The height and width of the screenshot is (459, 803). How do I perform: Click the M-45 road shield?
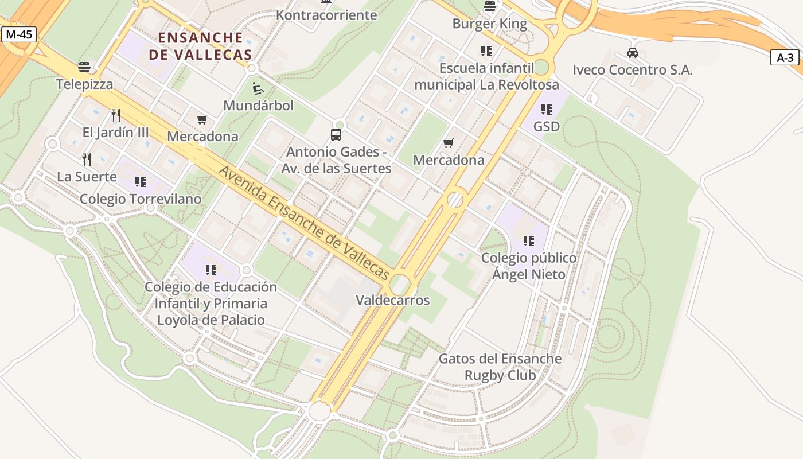point(19,34)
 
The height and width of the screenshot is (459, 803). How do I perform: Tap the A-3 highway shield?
point(785,57)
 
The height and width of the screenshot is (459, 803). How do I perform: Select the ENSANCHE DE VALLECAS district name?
point(200,46)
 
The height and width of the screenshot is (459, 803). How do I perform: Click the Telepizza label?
point(84,84)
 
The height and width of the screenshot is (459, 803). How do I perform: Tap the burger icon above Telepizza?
point(84,67)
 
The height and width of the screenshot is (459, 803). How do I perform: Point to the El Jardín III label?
point(115,133)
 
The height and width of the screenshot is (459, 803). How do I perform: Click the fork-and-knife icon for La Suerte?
point(87,159)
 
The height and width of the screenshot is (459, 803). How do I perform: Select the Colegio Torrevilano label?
point(141,199)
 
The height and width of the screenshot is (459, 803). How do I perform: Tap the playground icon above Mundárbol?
point(258,88)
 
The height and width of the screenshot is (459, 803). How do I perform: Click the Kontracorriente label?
point(326,15)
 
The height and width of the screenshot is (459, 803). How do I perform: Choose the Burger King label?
point(489,24)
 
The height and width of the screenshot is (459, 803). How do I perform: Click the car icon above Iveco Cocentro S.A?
point(633,53)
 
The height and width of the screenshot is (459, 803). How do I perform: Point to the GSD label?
point(546,126)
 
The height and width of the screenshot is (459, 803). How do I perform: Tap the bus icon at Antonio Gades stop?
point(336,135)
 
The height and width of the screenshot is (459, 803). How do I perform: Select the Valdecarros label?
point(392,300)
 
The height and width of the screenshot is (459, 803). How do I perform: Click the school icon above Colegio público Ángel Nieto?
point(528,241)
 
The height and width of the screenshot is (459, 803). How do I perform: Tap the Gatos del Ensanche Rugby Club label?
point(500,367)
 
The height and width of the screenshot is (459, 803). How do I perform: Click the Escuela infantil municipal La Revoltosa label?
point(486,76)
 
